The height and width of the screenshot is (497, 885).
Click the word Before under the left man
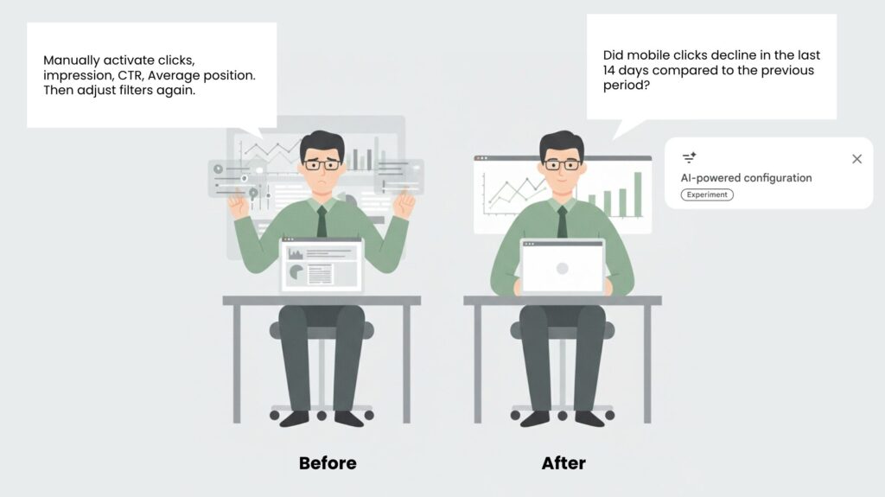(328, 463)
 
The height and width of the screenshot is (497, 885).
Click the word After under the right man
(563, 463)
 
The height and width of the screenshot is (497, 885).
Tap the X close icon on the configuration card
(856, 159)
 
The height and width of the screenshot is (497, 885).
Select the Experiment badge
(707, 194)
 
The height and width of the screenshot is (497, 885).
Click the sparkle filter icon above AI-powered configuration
(689, 158)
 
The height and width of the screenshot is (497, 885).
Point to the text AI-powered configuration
(746, 178)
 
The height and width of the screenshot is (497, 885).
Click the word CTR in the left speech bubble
(130, 75)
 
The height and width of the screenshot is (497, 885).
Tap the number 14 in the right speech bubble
(612, 71)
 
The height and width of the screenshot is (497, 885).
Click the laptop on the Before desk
(322, 264)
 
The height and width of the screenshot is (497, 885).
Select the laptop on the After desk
(562, 266)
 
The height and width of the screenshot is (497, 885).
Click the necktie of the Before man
(322, 221)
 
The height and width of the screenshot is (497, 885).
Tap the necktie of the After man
(562, 221)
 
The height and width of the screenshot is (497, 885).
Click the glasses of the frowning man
(322, 164)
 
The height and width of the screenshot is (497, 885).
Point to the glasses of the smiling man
(562, 164)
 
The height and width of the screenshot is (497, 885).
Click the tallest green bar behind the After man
(638, 193)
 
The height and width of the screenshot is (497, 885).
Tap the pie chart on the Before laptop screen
(296, 273)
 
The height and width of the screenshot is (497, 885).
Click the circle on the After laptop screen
(562, 269)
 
